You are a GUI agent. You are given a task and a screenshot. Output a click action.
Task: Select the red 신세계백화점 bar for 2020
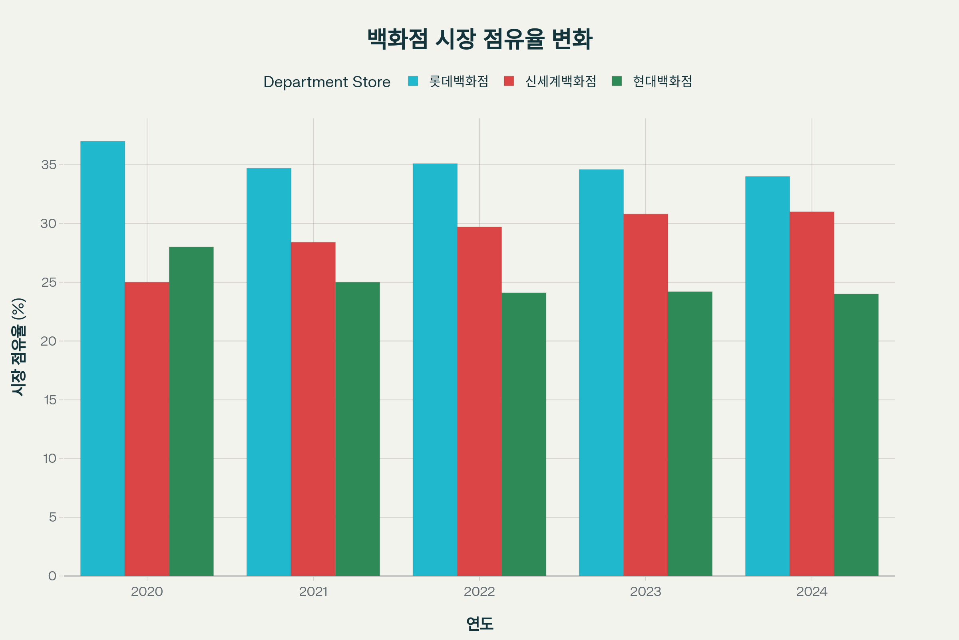(147, 429)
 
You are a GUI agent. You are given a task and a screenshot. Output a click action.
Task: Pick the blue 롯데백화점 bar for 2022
(435, 370)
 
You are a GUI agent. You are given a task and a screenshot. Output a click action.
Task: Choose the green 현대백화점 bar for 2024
(856, 435)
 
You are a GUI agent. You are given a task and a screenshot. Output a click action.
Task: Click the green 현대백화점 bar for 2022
(523, 434)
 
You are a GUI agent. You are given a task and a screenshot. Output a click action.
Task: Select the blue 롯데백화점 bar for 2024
(767, 376)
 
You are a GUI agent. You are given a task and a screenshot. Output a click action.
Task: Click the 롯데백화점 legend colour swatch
(413, 81)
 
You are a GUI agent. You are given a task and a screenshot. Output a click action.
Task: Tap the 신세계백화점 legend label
(561, 82)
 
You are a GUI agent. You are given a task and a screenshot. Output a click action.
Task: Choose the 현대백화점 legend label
(662, 82)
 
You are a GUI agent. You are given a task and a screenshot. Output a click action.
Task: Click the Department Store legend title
(326, 82)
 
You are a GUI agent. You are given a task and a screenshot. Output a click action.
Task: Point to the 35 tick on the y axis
(49, 165)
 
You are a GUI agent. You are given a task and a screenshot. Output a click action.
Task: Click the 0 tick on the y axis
(52, 576)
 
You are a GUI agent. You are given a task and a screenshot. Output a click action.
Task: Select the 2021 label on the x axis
(313, 592)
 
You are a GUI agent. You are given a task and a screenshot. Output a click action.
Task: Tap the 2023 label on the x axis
(645, 592)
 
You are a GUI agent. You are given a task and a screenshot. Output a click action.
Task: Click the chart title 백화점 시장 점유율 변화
(479, 39)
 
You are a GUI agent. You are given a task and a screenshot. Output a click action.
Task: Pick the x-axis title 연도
(479, 624)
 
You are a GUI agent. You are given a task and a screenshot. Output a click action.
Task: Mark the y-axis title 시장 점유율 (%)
(19, 347)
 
